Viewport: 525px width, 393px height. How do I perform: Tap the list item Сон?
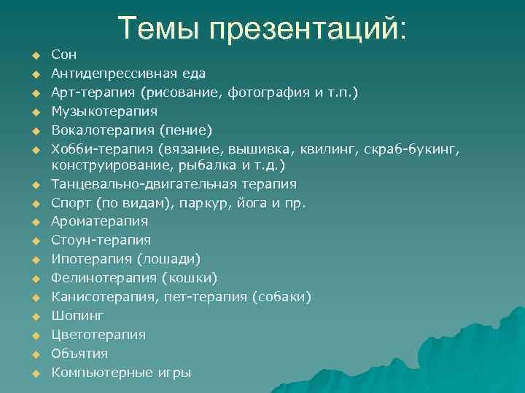tap(63, 55)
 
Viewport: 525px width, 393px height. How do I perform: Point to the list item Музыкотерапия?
tap(104, 111)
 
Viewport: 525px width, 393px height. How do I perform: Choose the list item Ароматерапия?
tap(100, 221)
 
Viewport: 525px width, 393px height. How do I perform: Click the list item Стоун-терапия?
tap(101, 240)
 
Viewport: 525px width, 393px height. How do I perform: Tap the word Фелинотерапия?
tap(104, 278)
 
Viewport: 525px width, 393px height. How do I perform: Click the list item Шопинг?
tap(78, 316)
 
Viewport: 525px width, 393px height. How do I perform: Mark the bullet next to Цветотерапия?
tap(34, 336)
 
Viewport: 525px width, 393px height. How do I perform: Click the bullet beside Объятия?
tap(34, 354)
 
